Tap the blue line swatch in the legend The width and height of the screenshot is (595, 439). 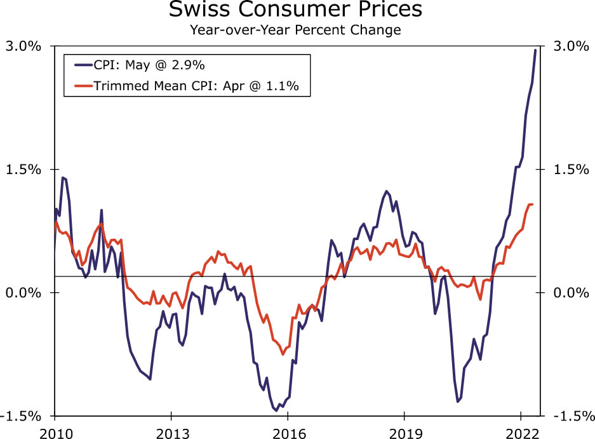coord(83,65)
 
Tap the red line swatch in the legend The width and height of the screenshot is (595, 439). coord(83,85)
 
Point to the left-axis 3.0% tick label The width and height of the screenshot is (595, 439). coord(24,46)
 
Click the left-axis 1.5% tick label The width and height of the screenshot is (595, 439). coord(24,170)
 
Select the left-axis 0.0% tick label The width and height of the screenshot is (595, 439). coord(24,293)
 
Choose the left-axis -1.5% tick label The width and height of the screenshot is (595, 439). coord(22,416)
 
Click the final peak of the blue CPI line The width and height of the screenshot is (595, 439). coord(535,50)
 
